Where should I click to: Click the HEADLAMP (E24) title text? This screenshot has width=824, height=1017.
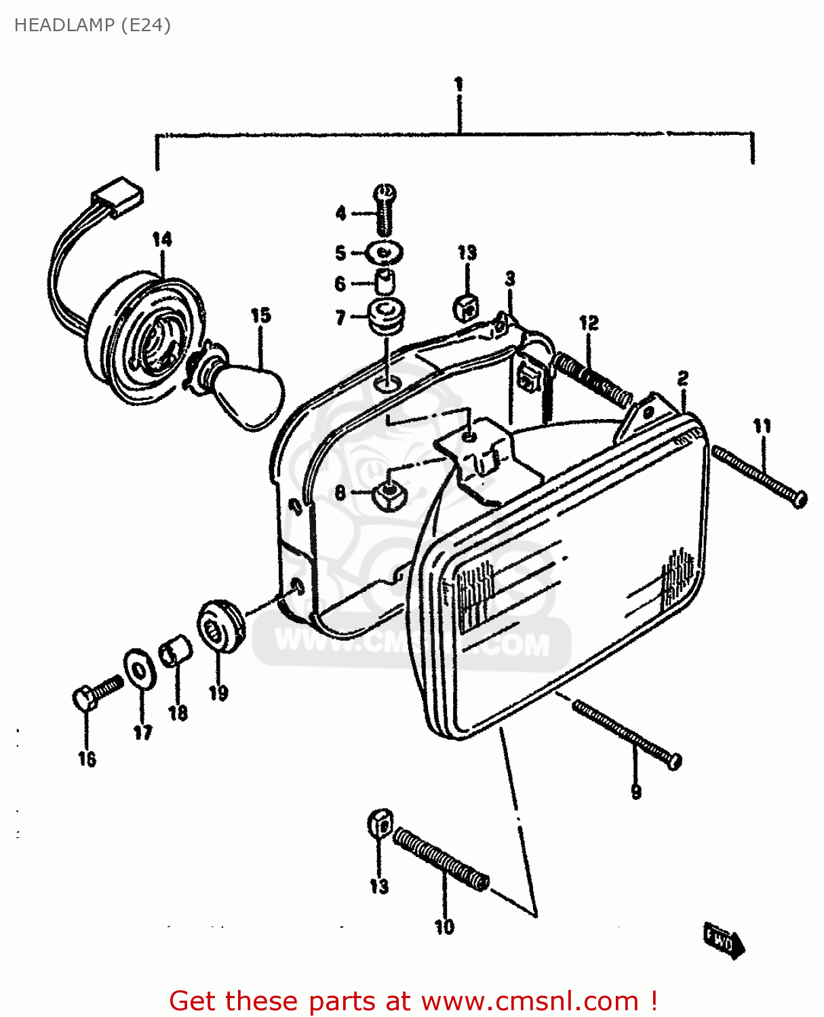coord(92,25)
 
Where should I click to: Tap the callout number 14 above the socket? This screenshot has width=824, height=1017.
coord(162,239)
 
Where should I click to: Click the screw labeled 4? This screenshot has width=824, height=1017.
coord(385,210)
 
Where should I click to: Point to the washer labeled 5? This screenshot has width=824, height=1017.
coord(385,254)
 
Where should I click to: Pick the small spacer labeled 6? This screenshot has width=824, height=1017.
coord(385,281)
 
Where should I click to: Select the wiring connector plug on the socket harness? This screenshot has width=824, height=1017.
coord(118,197)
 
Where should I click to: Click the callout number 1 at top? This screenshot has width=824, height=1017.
coord(459,85)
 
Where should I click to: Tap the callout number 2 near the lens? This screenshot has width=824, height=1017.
coord(683,378)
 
